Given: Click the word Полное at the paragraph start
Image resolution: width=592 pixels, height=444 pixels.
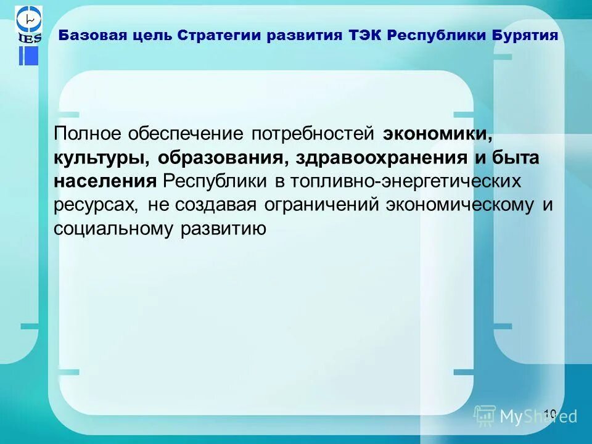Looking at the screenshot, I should (88, 134).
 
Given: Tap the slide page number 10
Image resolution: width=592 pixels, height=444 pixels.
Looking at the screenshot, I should (550, 412).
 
